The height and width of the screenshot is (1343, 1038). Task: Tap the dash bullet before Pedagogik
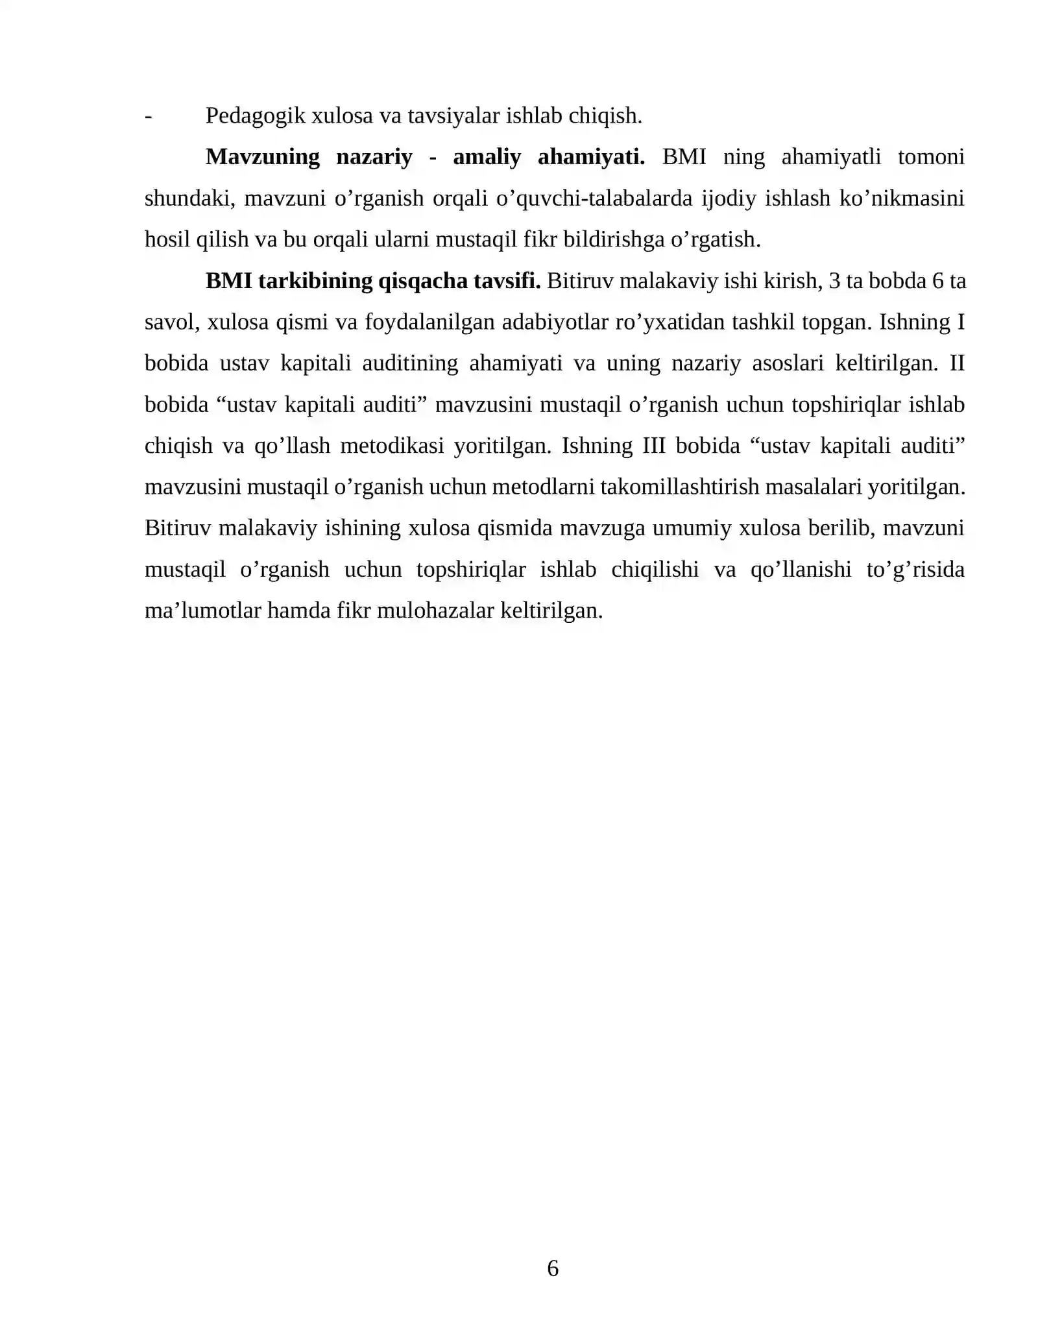[149, 116]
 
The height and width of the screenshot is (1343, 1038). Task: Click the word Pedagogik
[256, 116]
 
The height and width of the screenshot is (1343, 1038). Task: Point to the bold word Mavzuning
[262, 157]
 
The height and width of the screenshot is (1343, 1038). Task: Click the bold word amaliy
[487, 157]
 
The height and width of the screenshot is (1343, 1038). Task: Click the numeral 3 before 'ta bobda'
[834, 281]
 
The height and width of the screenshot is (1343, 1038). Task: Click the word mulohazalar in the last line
[435, 611]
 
